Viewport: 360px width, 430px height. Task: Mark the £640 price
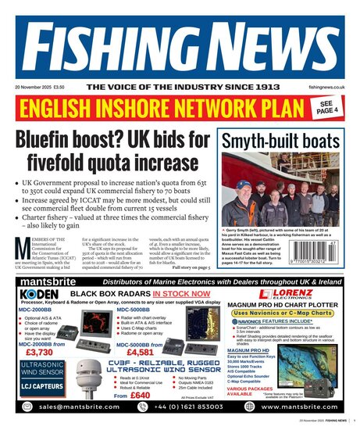(141, 396)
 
